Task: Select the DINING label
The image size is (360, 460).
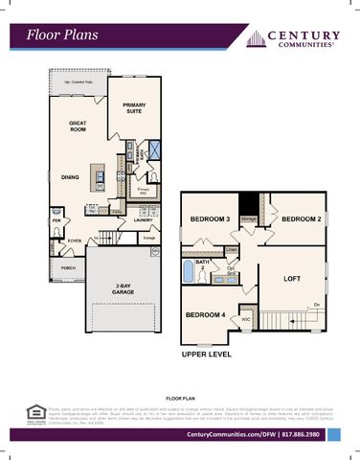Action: pyautogui.click(x=70, y=176)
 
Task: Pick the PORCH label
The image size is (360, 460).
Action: pyautogui.click(x=67, y=268)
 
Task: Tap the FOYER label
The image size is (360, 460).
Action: pyautogui.click(x=76, y=241)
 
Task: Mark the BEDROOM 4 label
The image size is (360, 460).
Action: pyautogui.click(x=206, y=314)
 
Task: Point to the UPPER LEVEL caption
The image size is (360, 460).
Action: pyautogui.click(x=207, y=354)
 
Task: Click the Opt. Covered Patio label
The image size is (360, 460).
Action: pyautogui.click(x=73, y=82)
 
